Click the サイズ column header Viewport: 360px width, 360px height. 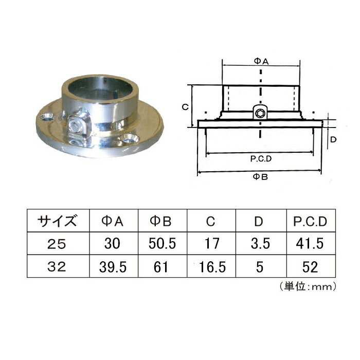point(57,221)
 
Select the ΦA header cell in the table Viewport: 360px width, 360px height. point(113,221)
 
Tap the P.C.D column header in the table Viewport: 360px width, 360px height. point(310,222)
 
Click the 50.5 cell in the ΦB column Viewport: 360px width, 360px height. point(162,244)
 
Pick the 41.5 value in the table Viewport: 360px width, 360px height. point(310,244)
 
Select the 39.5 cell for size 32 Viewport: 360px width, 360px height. point(113,267)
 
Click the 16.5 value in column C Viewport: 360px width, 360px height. point(212,267)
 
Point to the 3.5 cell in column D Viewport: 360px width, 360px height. point(260,244)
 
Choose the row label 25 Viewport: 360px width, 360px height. point(57,244)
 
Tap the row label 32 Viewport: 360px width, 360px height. point(57,267)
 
